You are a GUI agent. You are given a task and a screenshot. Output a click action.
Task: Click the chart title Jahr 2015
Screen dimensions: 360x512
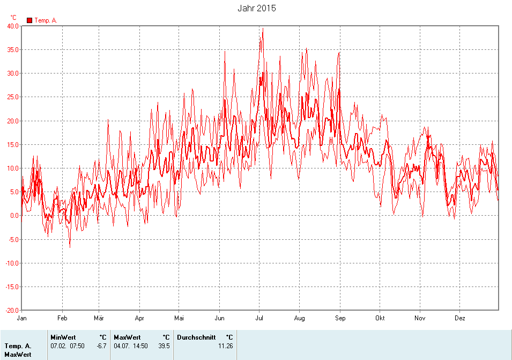256,9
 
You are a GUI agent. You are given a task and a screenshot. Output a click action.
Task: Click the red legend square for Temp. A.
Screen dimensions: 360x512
29,20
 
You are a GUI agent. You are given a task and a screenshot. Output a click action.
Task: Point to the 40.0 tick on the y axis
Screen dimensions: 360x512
13,26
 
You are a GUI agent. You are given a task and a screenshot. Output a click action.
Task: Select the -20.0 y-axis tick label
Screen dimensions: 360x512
12,310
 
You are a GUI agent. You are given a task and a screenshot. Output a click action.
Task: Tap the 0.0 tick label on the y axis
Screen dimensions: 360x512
14,216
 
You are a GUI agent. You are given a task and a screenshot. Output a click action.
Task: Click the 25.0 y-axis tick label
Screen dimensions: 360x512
13,97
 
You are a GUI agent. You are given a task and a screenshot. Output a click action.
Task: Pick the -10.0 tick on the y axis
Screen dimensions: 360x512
12,263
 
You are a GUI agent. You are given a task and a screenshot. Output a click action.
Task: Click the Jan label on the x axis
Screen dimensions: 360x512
22,318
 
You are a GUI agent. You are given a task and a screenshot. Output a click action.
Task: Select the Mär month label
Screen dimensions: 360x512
99,318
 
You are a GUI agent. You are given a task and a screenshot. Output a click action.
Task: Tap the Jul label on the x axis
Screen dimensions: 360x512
259,318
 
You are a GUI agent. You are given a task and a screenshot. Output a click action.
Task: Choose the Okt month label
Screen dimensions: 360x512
380,318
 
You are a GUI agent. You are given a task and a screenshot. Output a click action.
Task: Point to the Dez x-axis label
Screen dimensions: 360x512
460,318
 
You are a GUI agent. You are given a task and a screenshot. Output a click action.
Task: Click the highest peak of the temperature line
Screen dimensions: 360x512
263,29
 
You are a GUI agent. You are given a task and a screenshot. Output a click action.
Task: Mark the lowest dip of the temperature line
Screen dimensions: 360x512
70,247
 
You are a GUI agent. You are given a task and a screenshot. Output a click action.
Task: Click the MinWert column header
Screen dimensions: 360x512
63,337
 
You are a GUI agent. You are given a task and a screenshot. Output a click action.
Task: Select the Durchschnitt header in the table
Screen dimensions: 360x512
196,337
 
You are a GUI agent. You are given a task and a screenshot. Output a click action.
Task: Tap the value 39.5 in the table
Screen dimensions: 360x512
164,346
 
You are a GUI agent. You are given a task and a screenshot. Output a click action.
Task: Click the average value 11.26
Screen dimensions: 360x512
225,346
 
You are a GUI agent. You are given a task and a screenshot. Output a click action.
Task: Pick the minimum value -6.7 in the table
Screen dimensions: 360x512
101,346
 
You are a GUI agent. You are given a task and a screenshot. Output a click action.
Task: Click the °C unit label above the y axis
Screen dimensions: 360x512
13,17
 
